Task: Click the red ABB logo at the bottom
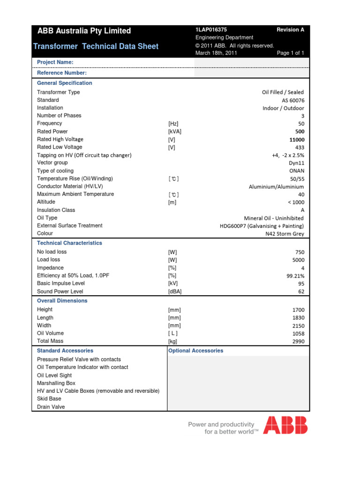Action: point(285,425)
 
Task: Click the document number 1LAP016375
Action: point(211,30)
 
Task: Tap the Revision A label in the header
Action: point(290,30)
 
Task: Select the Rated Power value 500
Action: point(300,132)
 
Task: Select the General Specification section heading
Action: point(65,83)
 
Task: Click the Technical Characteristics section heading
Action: point(69,243)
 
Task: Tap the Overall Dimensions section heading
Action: point(62,300)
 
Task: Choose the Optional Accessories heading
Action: point(195,351)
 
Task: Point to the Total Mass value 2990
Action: point(297,342)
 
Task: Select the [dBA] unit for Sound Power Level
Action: point(175,292)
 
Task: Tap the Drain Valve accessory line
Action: point(51,407)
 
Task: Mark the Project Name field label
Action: point(55,62)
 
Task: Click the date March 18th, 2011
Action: point(216,53)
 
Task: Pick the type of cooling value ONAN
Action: point(297,171)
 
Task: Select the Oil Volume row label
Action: point(50,333)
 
